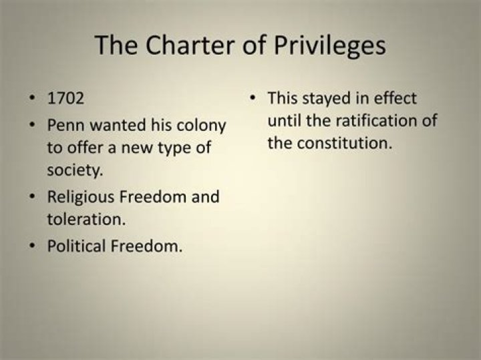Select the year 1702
65,99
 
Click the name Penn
63,126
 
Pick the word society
75,170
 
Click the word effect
393,99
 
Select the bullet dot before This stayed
254,99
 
